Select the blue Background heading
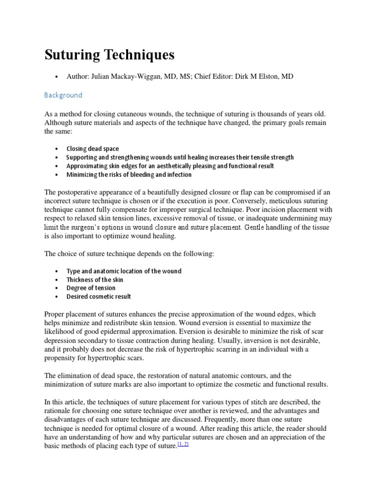pyautogui.click(x=63, y=95)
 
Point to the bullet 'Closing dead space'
pyautogui.click(x=93, y=149)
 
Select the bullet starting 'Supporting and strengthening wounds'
pyautogui.click(x=180, y=158)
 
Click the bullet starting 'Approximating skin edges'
pyautogui.click(x=170, y=166)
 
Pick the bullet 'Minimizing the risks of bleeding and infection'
pyautogui.click(x=129, y=174)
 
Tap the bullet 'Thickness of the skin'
pyautogui.click(x=95, y=279)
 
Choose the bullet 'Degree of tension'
pyautogui.click(x=91, y=288)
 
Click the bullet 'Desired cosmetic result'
pyautogui.click(x=99, y=297)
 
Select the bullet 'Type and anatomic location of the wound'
pyautogui.click(x=124, y=271)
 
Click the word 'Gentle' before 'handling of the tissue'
pyautogui.click(x=256, y=227)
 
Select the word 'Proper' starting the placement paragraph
pyautogui.click(x=55, y=314)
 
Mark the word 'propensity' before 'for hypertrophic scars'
pyautogui.click(x=60, y=358)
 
